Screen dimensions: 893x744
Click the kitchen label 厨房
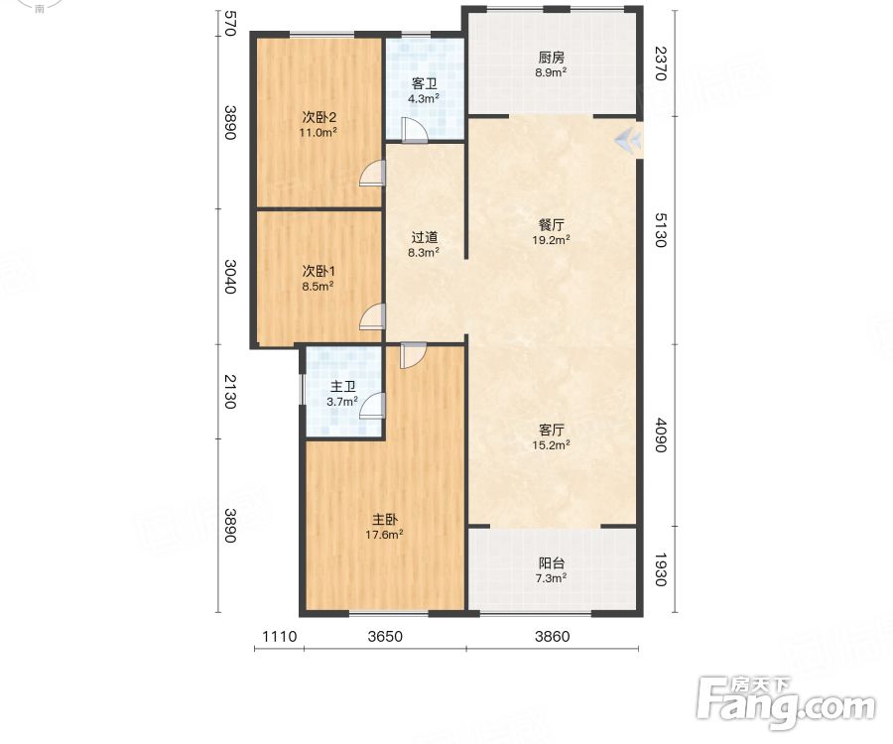[552, 58]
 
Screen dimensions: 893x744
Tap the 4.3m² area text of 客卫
[423, 98]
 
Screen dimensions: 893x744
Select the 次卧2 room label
[319, 117]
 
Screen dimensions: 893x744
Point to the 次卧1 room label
[319, 271]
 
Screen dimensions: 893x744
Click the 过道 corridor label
[425, 237]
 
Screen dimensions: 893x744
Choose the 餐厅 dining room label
[552, 225]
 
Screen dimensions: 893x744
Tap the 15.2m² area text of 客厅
[552, 445]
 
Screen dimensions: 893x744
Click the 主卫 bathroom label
[343, 387]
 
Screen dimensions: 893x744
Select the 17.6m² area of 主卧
[384, 535]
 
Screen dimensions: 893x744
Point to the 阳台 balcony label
[552, 563]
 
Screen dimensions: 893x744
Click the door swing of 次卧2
[372, 173]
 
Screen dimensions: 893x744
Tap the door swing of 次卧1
[372, 316]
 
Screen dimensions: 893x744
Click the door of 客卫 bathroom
[414, 130]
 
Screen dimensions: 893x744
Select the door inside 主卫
[372, 406]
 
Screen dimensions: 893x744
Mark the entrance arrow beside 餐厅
[629, 139]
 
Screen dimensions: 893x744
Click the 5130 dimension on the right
[660, 230]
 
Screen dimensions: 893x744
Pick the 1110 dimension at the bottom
[279, 636]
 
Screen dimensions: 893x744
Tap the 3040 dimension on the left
[229, 277]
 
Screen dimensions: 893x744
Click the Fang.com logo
[787, 702]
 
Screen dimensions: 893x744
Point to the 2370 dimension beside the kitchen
[660, 63]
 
